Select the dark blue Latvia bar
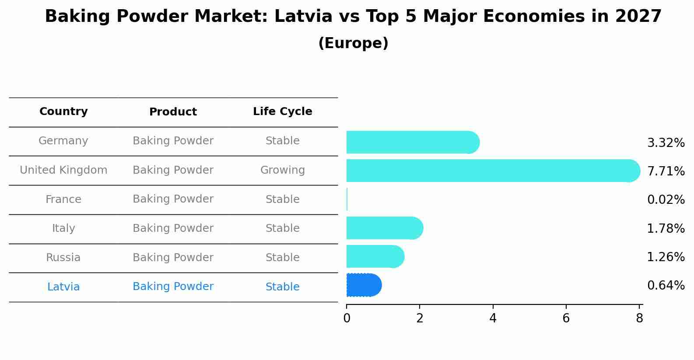pyautogui.click(x=364, y=285)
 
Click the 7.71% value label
pyautogui.click(x=666, y=171)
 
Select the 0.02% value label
pyautogui.click(x=666, y=200)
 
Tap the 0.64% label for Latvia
pyautogui.click(x=666, y=286)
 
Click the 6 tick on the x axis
pyautogui.click(x=566, y=318)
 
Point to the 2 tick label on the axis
pyautogui.click(x=420, y=318)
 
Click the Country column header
pyautogui.click(x=63, y=112)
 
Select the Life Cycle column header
pyautogui.click(x=282, y=112)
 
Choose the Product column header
pyautogui.click(x=173, y=112)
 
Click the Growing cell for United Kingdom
pyautogui.click(x=282, y=170)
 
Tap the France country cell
pyautogui.click(x=63, y=199)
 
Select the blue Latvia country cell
pyautogui.click(x=63, y=287)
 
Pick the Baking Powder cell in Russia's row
pyautogui.click(x=173, y=258)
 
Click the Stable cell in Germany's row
pyautogui.click(x=282, y=141)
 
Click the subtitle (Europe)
pyautogui.click(x=353, y=43)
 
